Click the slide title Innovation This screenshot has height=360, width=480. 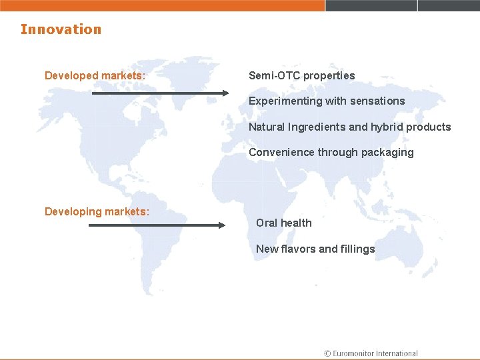click(61, 29)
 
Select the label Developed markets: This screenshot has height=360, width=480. click(95, 75)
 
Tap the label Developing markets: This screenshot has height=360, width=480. click(97, 211)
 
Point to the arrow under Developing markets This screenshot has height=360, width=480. click(157, 225)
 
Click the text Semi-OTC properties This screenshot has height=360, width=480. click(301, 75)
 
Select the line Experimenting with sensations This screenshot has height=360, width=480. click(327, 101)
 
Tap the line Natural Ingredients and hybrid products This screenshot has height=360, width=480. click(349, 127)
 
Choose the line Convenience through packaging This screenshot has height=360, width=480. click(331, 152)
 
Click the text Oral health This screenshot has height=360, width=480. click(283, 223)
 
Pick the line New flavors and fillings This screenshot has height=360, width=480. click(315, 249)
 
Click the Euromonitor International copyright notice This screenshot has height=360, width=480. click(370, 353)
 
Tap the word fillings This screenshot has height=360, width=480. click(358, 249)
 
